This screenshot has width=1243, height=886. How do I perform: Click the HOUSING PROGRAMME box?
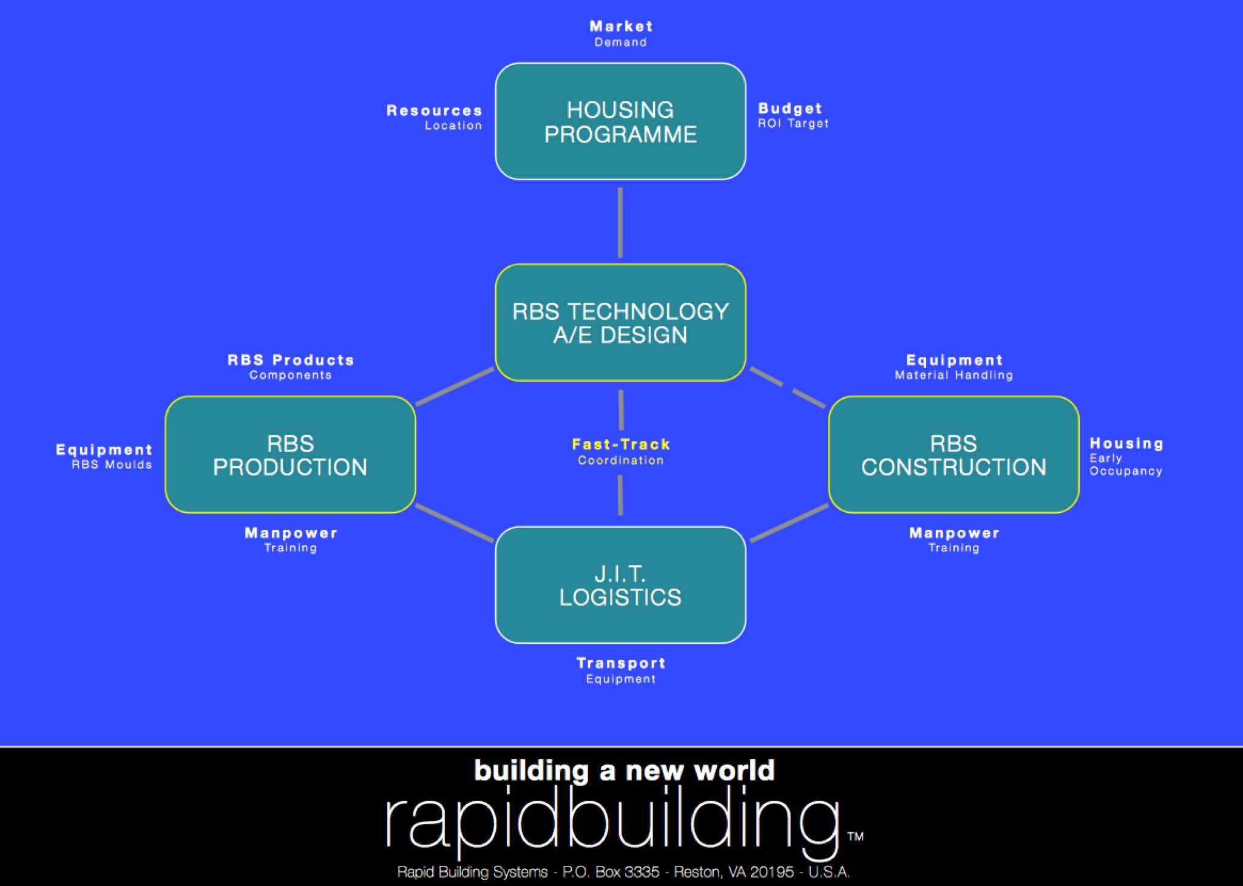[x=620, y=121]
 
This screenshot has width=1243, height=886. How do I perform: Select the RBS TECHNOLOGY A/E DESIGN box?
[x=620, y=323]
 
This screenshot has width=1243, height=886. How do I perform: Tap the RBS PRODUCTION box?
[x=290, y=455]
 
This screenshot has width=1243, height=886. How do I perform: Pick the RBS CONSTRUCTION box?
[x=953, y=455]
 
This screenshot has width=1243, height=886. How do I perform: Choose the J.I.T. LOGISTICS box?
[x=620, y=585]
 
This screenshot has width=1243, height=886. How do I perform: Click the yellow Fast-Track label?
[x=621, y=445]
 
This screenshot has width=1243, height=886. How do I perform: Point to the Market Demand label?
[x=621, y=34]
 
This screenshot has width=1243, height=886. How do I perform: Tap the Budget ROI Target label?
[x=792, y=115]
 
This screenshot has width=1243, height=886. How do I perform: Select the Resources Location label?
[x=435, y=118]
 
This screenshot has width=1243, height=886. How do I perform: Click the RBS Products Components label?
[x=291, y=367]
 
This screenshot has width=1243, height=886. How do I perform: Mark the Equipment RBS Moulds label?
[x=104, y=456]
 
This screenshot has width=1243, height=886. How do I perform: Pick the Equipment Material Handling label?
[x=953, y=367]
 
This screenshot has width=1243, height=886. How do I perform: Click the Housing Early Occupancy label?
[x=1126, y=456]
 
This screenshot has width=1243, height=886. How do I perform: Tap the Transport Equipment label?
[x=621, y=670]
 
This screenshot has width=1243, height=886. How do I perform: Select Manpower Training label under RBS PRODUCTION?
[x=291, y=539]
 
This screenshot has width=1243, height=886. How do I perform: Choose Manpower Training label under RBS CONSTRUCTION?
[x=954, y=539]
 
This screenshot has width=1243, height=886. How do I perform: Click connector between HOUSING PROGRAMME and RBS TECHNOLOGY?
[x=620, y=222]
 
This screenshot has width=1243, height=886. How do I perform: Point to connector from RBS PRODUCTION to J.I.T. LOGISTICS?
[x=455, y=522]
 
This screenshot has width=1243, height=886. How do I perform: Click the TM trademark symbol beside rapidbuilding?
[x=855, y=836]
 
